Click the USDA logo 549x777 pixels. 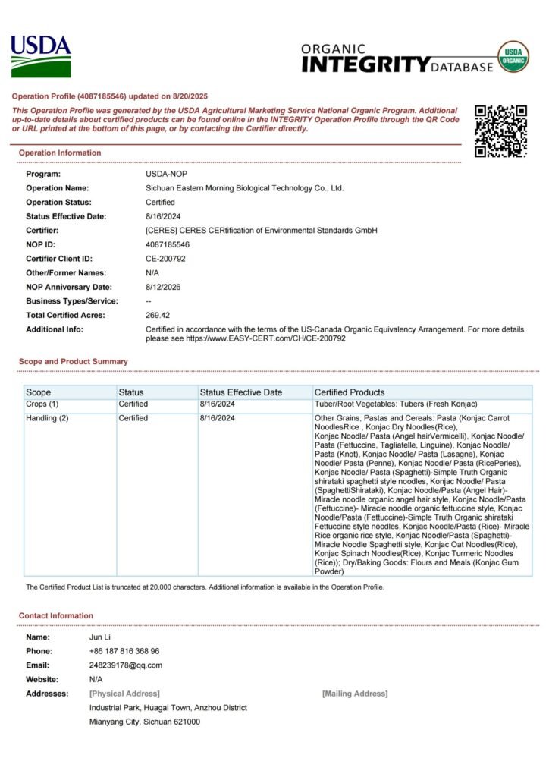[41, 56]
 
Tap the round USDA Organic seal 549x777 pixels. [513, 57]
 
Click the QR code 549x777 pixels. [500, 131]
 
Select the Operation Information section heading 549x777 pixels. [60, 153]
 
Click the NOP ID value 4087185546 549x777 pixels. [168, 244]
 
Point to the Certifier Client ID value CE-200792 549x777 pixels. [165, 259]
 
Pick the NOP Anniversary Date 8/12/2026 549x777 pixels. [163, 287]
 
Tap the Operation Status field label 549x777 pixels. [58, 202]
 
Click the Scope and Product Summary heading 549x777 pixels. [74, 362]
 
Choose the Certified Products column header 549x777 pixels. [350, 392]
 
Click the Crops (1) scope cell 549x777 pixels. [42, 404]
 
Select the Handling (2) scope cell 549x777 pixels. [47, 418]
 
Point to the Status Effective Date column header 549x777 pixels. [241, 392]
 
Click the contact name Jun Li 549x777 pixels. [100, 637]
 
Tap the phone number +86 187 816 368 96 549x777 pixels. [124, 651]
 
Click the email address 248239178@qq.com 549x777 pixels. [126, 665]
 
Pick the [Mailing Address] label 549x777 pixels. [355, 694]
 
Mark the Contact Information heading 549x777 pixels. [56, 615]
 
